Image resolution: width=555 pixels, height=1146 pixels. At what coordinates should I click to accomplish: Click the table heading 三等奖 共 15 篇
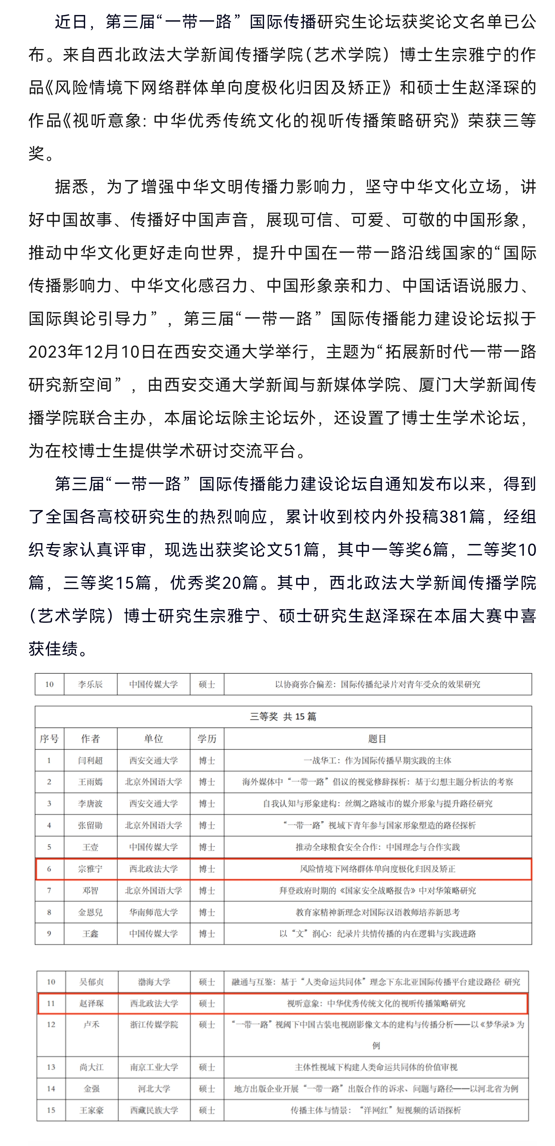283,716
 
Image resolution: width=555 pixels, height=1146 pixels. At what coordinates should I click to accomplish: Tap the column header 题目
377,738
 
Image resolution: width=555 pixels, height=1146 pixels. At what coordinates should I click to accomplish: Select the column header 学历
207,738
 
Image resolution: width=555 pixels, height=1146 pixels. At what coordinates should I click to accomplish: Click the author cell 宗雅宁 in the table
90,869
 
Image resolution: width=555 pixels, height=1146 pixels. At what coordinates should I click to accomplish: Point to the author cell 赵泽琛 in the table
92,1003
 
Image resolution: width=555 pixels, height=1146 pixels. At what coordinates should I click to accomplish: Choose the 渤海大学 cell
154,981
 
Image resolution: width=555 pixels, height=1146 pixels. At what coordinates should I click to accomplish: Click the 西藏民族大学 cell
154,1110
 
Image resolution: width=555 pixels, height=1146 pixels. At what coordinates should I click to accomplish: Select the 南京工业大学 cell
154,1067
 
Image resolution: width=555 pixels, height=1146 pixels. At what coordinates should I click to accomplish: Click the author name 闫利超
90,760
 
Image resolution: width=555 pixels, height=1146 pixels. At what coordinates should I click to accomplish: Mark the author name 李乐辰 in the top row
90,684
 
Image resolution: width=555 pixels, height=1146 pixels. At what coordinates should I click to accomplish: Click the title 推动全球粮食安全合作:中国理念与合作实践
377,847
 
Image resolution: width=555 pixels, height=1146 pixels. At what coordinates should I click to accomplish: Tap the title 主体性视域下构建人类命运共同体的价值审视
376,1067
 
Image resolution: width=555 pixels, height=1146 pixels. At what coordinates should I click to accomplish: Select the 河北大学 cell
154,1089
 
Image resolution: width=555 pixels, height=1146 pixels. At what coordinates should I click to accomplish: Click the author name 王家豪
92,1110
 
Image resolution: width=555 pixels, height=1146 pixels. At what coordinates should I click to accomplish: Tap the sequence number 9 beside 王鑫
49,933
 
